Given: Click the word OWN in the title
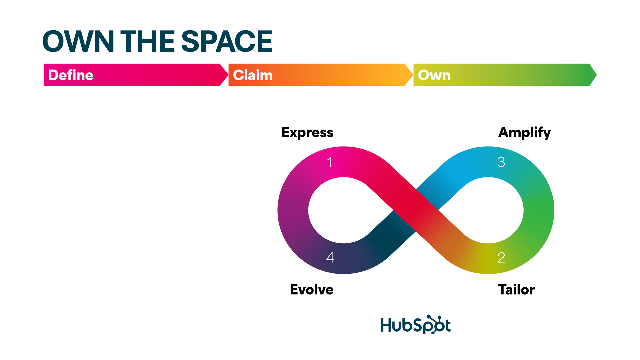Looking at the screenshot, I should coord(78,41).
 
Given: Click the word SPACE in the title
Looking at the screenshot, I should coord(227,41).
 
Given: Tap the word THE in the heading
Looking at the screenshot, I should coord(147,41).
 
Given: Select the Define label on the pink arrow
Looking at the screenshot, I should coord(71,75).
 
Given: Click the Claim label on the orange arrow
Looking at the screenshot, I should coord(253,75).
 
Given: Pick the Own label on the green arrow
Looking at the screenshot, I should coord(434,75).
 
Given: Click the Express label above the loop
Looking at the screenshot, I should coord(307,132).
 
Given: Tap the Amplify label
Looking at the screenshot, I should coord(524,133).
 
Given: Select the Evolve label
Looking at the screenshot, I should coord(311,289).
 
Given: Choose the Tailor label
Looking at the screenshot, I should coord(516,289).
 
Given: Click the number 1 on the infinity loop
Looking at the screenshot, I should coord(330,162).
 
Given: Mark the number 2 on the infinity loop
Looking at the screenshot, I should coord(501,258).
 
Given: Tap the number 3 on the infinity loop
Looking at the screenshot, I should coord(501,162).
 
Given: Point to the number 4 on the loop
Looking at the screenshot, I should coord(330,258).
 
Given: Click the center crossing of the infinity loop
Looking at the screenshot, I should coord(416,210).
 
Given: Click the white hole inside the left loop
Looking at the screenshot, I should coord(343,210).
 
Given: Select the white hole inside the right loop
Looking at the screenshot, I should coord(488,210).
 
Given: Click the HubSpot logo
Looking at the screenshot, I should coord(415,325).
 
